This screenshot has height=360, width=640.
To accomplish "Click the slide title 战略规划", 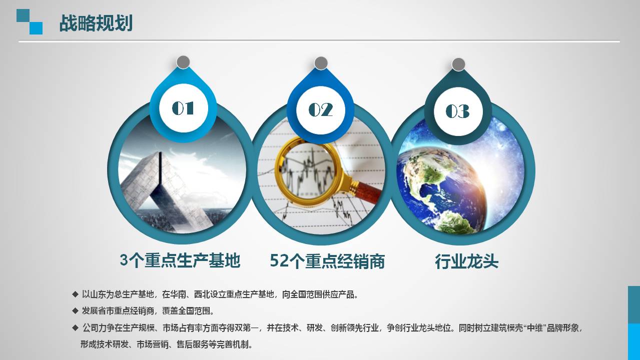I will pos(96,23).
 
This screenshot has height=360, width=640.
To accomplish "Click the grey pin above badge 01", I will pos(183,62).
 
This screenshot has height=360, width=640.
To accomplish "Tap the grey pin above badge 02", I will pos(321,63).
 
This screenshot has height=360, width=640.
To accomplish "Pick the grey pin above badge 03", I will pos(458,64).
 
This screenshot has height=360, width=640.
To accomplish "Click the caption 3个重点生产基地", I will pos(180,260).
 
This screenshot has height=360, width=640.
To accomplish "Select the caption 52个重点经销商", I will pos(327,261).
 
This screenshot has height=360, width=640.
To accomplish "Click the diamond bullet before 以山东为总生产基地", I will pos(75,294).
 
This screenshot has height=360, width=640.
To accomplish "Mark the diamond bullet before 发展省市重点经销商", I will pos(75,311).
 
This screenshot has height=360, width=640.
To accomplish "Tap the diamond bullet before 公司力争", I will pos(75,328).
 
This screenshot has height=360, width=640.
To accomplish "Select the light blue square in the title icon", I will pos(36,28).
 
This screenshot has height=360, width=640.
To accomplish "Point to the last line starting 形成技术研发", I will pos(167,344).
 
